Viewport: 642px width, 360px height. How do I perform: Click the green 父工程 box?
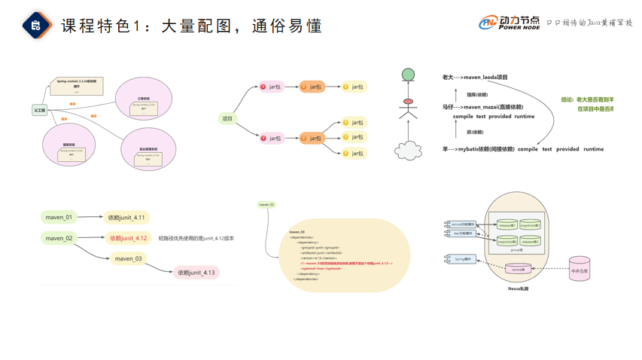click(39, 111)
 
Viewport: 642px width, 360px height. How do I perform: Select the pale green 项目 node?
click(227, 118)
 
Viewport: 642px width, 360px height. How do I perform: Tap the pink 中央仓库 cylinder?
click(580, 270)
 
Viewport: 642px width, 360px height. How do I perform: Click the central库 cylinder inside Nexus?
click(518, 269)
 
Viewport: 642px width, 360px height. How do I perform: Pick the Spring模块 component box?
click(461, 259)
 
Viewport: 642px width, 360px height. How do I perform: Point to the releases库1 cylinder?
click(507, 224)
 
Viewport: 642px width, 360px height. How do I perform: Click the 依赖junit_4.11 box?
click(126, 218)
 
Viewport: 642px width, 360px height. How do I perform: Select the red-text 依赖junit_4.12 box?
click(128, 238)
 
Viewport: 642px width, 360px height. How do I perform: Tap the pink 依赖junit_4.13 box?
click(196, 273)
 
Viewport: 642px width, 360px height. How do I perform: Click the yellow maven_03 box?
click(128, 258)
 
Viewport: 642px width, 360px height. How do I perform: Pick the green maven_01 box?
click(59, 218)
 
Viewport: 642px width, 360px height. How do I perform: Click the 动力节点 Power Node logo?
click(510, 23)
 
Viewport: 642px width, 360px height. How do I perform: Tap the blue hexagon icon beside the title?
click(36, 26)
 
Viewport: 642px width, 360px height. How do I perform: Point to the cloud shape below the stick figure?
click(408, 151)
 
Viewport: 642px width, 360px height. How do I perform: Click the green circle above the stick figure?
click(408, 75)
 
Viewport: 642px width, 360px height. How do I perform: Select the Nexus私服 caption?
click(518, 288)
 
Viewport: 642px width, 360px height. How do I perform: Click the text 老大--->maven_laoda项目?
click(475, 78)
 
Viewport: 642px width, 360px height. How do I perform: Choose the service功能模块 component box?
click(461, 224)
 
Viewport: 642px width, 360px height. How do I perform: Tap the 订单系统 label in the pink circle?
click(143, 99)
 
